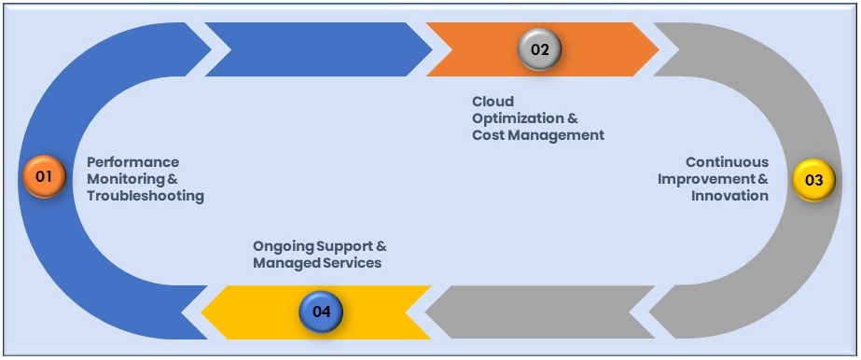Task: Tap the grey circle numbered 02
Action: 540,48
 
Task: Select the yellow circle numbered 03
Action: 813,180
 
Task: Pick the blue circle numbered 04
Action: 321,312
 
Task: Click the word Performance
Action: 132,162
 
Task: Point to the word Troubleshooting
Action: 145,196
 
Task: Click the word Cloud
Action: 493,102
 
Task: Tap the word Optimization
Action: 518,118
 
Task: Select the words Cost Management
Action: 537,135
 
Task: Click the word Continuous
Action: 727,162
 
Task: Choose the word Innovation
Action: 729,196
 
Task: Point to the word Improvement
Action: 704,179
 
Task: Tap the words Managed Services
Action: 317,263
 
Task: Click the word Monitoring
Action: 125,179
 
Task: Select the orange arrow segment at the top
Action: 597,48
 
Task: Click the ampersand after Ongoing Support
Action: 381,246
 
